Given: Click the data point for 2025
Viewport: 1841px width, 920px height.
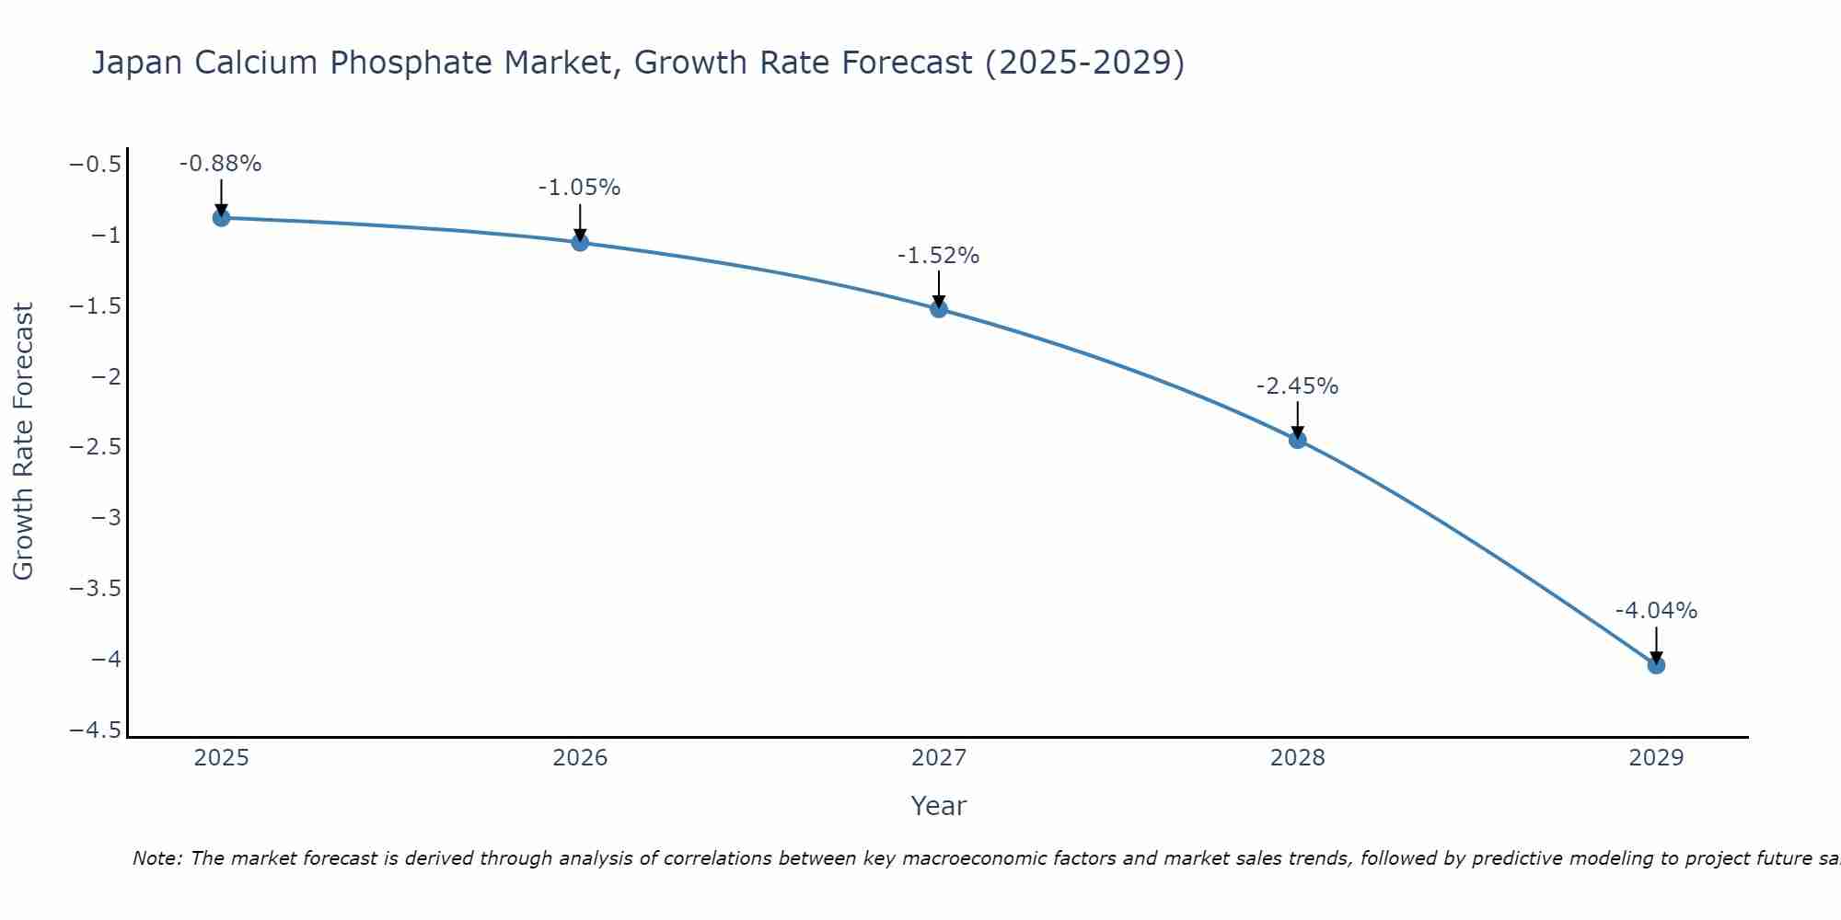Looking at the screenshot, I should pyautogui.click(x=221, y=218).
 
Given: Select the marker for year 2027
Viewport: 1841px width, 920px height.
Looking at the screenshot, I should pyautogui.click(x=939, y=309).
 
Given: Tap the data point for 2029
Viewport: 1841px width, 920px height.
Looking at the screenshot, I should pyautogui.click(x=1656, y=665).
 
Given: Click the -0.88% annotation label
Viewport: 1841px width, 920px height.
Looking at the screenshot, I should pyautogui.click(x=220, y=164).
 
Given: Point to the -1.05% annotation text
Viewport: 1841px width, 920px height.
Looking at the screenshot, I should pyautogui.click(x=579, y=188).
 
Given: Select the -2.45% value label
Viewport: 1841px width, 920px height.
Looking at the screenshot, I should pyautogui.click(x=1297, y=386).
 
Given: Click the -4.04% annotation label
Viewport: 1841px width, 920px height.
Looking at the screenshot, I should pyautogui.click(x=1656, y=611).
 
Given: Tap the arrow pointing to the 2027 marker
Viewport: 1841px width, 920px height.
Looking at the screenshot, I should pyautogui.click(x=939, y=288).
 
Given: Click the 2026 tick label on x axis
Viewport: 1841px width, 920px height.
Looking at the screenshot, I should pyautogui.click(x=580, y=758).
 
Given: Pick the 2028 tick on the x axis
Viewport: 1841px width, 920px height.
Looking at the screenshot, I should pyautogui.click(x=1297, y=758).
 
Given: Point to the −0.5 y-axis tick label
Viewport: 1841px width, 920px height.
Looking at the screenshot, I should pyautogui.click(x=95, y=165).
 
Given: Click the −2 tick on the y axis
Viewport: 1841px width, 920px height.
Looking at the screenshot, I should pyautogui.click(x=106, y=376).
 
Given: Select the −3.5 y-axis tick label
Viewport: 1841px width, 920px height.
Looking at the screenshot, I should pyautogui.click(x=95, y=588).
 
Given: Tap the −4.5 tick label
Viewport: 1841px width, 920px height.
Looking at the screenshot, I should pyautogui.click(x=95, y=730).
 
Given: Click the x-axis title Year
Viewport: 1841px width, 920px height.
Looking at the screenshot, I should pyautogui.click(x=938, y=806).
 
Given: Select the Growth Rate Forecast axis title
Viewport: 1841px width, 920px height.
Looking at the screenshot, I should pyautogui.click(x=23, y=442).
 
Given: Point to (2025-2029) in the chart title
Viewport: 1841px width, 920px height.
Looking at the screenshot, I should pyautogui.click(x=1084, y=63).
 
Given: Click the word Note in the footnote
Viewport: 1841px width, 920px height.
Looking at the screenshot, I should pyautogui.click(x=156, y=858).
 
